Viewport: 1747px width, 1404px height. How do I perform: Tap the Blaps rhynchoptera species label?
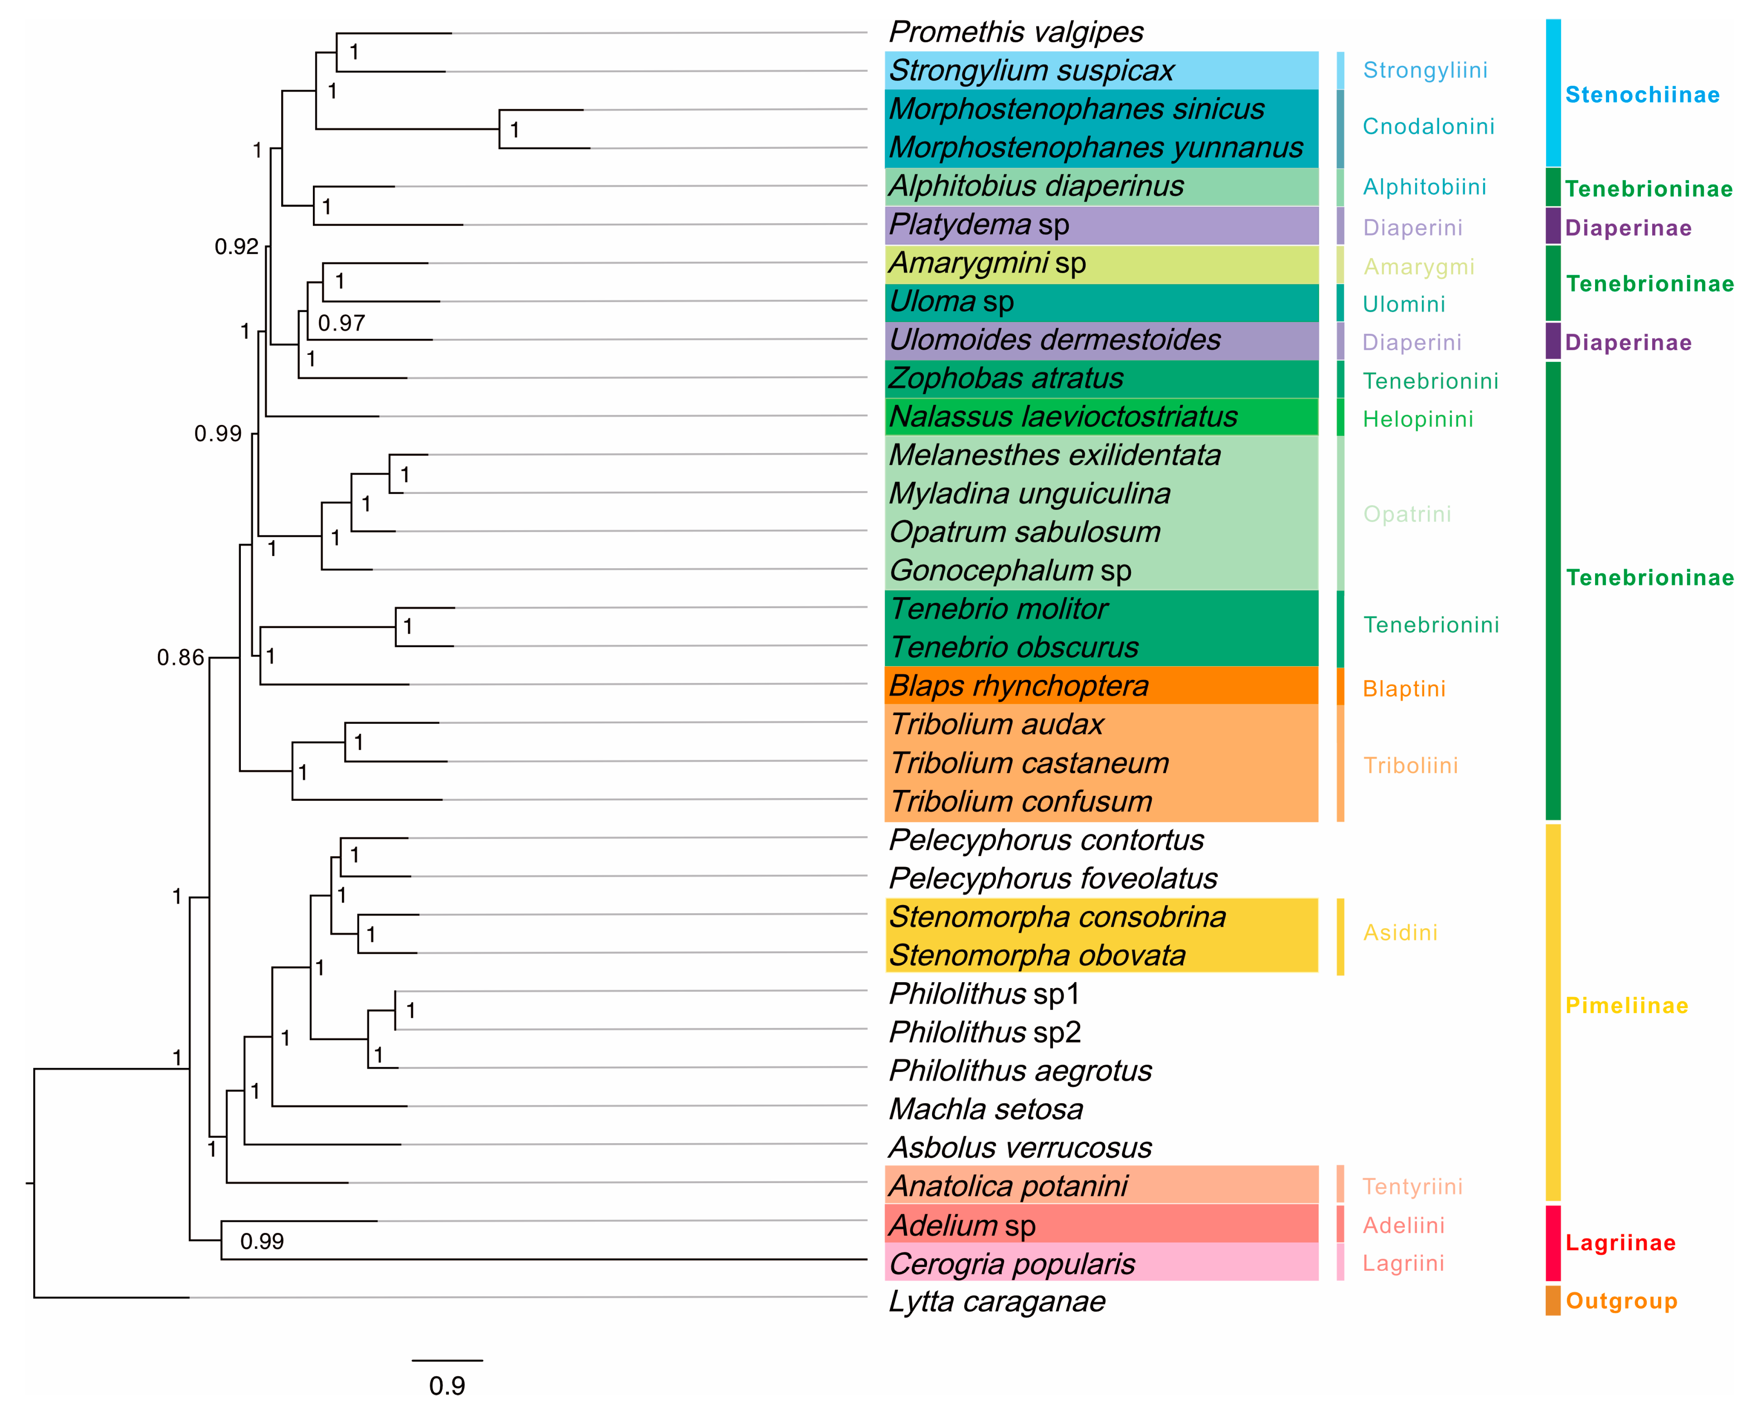click(x=1019, y=686)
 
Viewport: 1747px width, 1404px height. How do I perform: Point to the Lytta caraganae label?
click(x=997, y=1302)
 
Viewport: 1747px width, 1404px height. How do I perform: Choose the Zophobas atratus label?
click(x=1006, y=378)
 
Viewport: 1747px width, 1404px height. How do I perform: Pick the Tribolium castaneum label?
click(x=1029, y=763)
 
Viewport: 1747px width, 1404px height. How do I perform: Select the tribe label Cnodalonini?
click(x=1428, y=126)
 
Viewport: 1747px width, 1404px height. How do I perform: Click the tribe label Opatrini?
click(x=1407, y=515)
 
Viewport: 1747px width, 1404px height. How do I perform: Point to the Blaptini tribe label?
click(x=1404, y=688)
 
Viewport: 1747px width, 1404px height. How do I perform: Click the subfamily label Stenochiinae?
click(x=1642, y=95)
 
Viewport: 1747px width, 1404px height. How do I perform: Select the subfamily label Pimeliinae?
click(x=1626, y=1005)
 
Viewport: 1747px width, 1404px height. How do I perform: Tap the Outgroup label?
click(x=1621, y=1301)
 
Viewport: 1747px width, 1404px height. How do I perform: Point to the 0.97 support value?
click(x=341, y=323)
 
